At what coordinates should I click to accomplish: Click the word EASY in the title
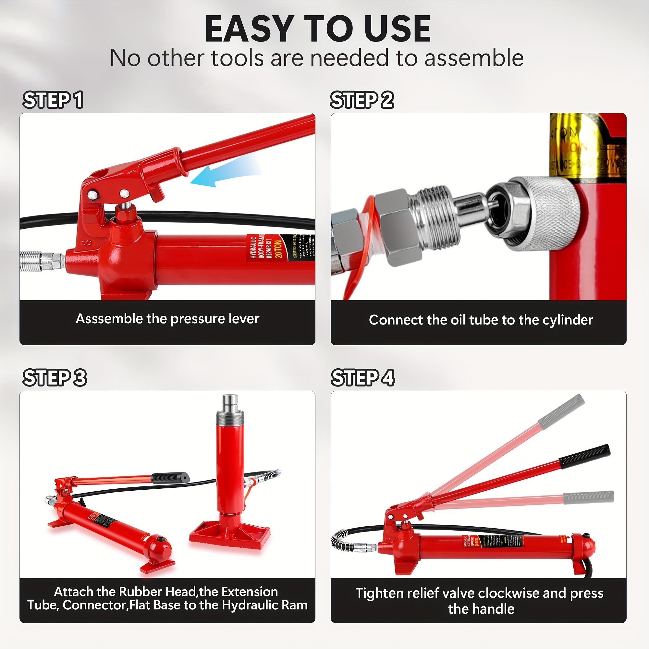click(x=249, y=29)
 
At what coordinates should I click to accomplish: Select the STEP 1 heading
click(x=53, y=100)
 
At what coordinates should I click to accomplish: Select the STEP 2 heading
click(x=362, y=100)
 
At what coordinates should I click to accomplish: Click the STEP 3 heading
click(x=55, y=378)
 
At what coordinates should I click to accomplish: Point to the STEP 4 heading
click(x=363, y=378)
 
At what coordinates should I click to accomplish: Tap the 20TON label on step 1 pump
click(x=278, y=249)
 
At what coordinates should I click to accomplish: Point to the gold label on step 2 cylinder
click(x=584, y=148)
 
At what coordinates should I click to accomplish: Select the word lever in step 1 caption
click(x=244, y=319)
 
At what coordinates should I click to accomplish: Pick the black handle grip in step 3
click(x=170, y=478)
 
